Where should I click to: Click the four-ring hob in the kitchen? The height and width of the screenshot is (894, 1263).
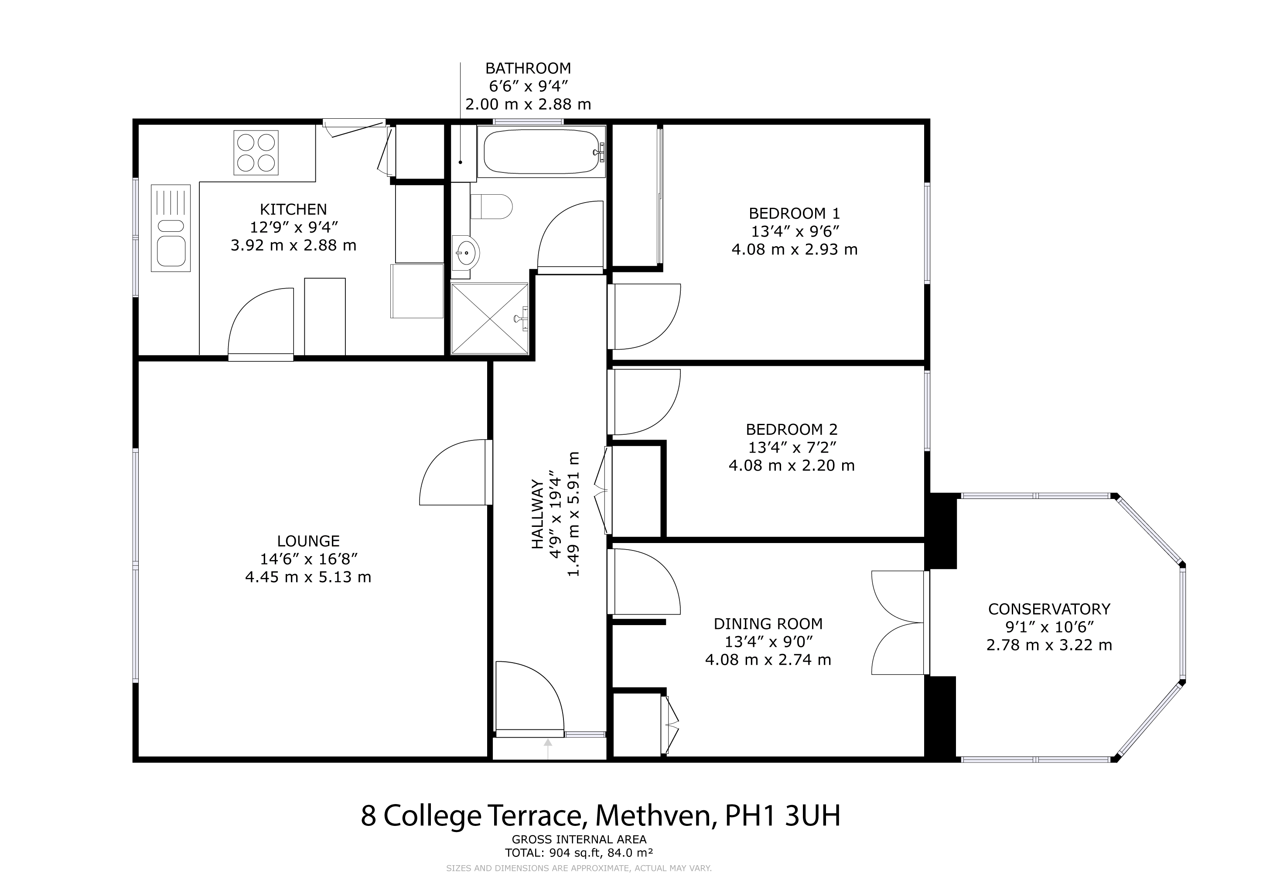click(x=256, y=152)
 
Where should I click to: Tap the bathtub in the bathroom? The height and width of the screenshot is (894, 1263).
click(x=542, y=151)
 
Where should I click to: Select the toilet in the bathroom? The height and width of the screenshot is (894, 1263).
click(x=491, y=206)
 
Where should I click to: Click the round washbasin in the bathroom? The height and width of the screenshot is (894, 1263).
click(x=466, y=253)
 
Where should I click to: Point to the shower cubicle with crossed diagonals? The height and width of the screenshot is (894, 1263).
click(x=490, y=319)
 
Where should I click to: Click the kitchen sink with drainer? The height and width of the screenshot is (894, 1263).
click(x=171, y=228)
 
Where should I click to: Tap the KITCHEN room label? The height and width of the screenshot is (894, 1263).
click(x=293, y=209)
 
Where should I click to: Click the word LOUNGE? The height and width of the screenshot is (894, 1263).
click(x=308, y=541)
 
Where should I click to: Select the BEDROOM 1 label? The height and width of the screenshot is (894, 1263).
click(x=794, y=213)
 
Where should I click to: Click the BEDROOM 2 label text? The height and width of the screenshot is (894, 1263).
click(x=792, y=430)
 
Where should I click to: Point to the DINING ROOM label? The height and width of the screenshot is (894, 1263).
click(x=768, y=624)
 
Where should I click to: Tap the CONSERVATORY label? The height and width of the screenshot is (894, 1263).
click(x=1049, y=609)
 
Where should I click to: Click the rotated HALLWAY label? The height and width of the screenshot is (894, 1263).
click(x=537, y=514)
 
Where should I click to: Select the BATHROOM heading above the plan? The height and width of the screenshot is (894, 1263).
click(x=528, y=68)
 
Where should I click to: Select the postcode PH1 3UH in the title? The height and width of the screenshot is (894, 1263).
click(x=783, y=815)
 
